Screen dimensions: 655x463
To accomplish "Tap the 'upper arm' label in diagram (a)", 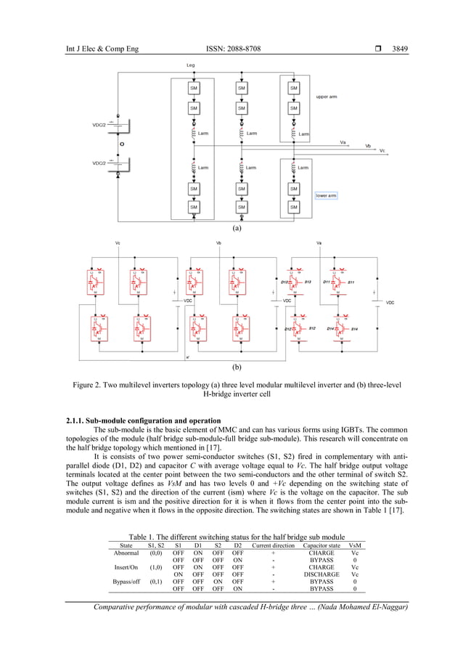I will coord(326,97).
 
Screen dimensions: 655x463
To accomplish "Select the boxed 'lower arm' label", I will coord(326,195).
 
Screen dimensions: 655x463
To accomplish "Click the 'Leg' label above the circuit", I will coord(191,65).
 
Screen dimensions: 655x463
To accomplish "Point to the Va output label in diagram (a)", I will coord(343,142).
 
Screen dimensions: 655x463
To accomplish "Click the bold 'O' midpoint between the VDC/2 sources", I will coord(120,144).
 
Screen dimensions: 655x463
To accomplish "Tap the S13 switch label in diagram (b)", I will coord(308,281).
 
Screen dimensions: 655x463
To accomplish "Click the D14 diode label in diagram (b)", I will coord(331,329).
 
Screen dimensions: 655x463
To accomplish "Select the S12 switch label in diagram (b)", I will coord(312,329).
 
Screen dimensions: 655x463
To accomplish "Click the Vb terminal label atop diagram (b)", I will coord(219,243).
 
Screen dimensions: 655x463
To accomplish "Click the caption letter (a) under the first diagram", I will coord(236,227).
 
